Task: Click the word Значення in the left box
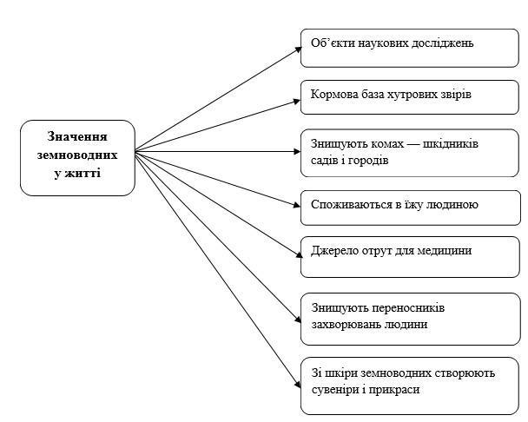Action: click(x=77, y=137)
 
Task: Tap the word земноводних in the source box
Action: click(x=77, y=155)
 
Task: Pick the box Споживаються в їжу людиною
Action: click(x=409, y=204)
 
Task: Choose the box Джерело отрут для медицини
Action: click(x=409, y=253)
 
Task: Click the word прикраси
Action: click(x=398, y=388)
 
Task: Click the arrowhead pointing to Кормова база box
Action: click(x=296, y=99)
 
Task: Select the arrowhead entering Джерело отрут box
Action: click(x=296, y=256)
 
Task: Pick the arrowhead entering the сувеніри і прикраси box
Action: click(x=296, y=379)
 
